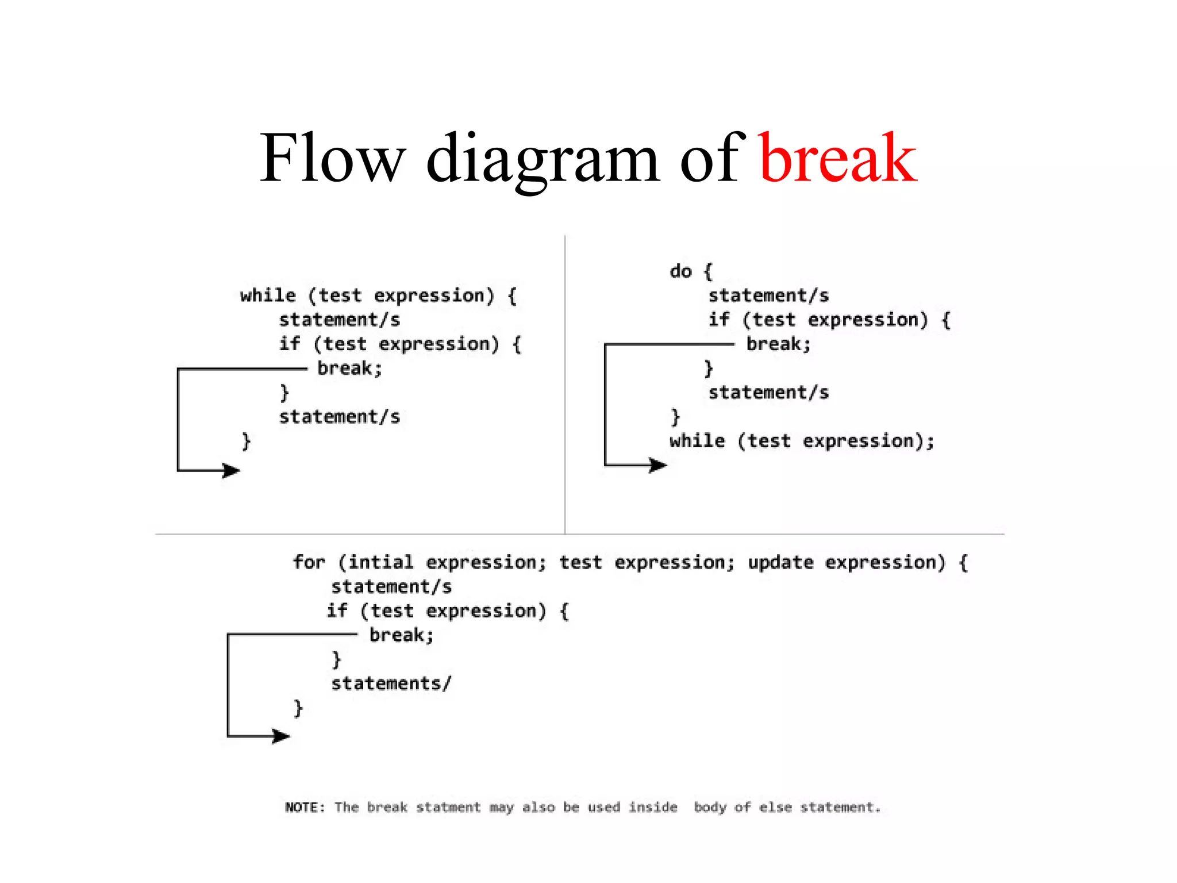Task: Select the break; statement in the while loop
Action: coord(349,368)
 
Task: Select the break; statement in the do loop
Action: coord(778,344)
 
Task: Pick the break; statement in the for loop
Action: coord(401,635)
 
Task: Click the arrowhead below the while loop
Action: coord(231,471)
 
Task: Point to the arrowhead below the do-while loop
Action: coord(658,464)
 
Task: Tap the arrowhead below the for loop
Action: coord(281,736)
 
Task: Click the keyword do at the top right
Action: coord(680,271)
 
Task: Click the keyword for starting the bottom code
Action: coord(309,562)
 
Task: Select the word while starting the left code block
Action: coord(268,295)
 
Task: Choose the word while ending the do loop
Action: coord(697,441)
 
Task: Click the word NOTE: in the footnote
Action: coord(305,807)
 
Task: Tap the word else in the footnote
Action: coord(775,807)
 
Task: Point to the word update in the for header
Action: coord(780,562)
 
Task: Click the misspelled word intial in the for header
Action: coord(380,562)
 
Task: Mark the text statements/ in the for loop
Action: coord(391,683)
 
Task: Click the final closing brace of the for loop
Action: coord(298,708)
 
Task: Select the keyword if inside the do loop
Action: coord(718,319)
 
